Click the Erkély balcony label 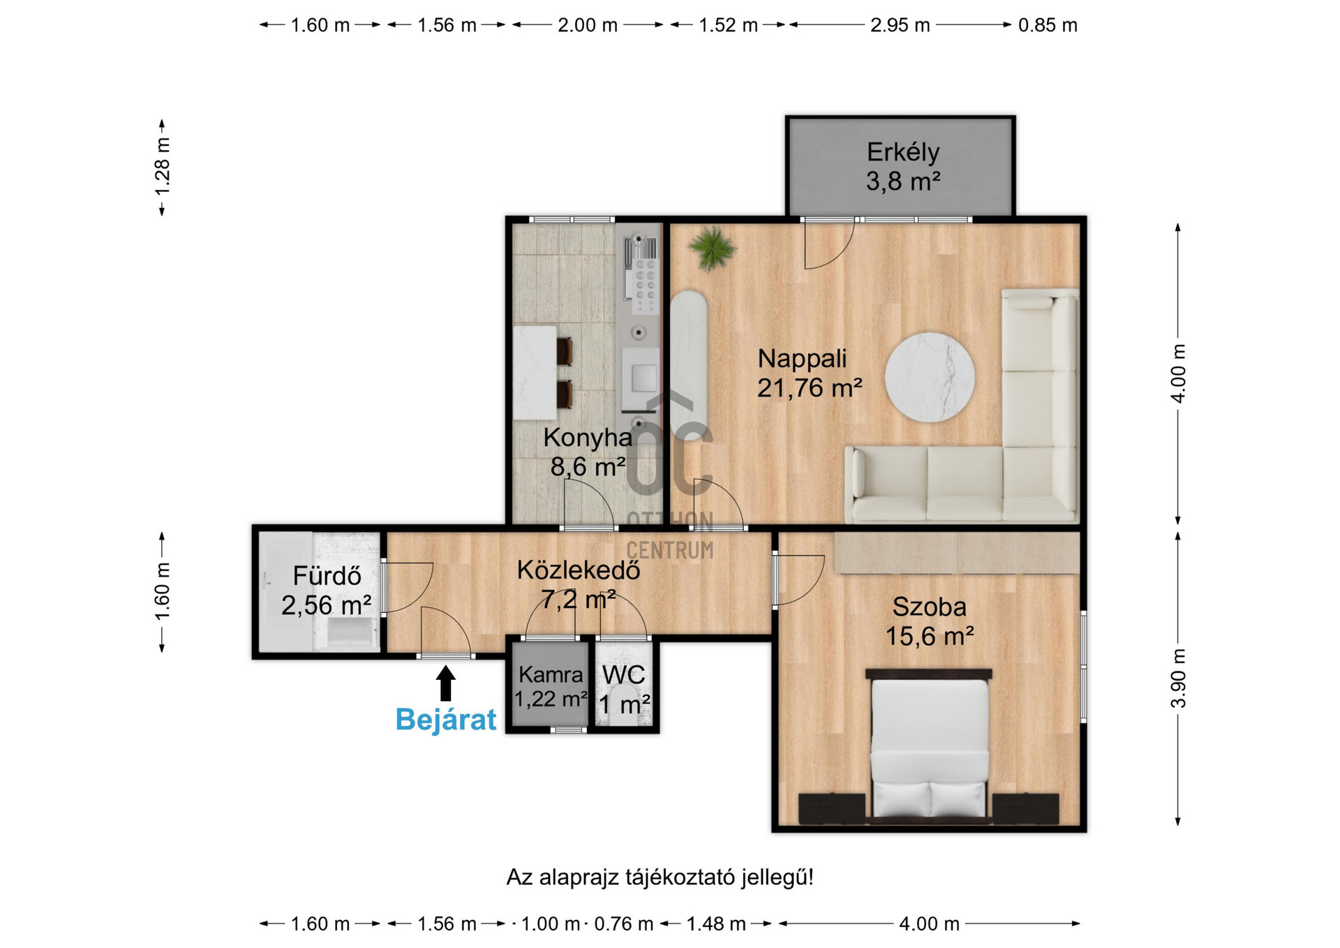tap(903, 166)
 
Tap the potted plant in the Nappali tap(711, 248)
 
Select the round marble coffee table tap(930, 377)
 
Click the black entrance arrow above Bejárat tap(445, 683)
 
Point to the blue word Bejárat tap(446, 719)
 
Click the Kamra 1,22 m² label tap(551, 686)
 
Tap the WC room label tap(623, 675)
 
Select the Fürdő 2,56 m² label tap(326, 591)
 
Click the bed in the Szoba tap(929, 743)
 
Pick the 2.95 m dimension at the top tap(900, 25)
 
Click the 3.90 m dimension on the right tap(1178, 678)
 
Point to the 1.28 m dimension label tap(162, 167)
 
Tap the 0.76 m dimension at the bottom tap(623, 924)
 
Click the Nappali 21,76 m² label tap(810, 373)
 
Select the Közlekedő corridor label tap(579, 570)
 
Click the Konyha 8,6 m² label tap(588, 452)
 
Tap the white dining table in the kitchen tap(535, 373)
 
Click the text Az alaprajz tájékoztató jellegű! tap(660, 877)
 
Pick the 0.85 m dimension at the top tap(1048, 25)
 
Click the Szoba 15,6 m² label tap(930, 621)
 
